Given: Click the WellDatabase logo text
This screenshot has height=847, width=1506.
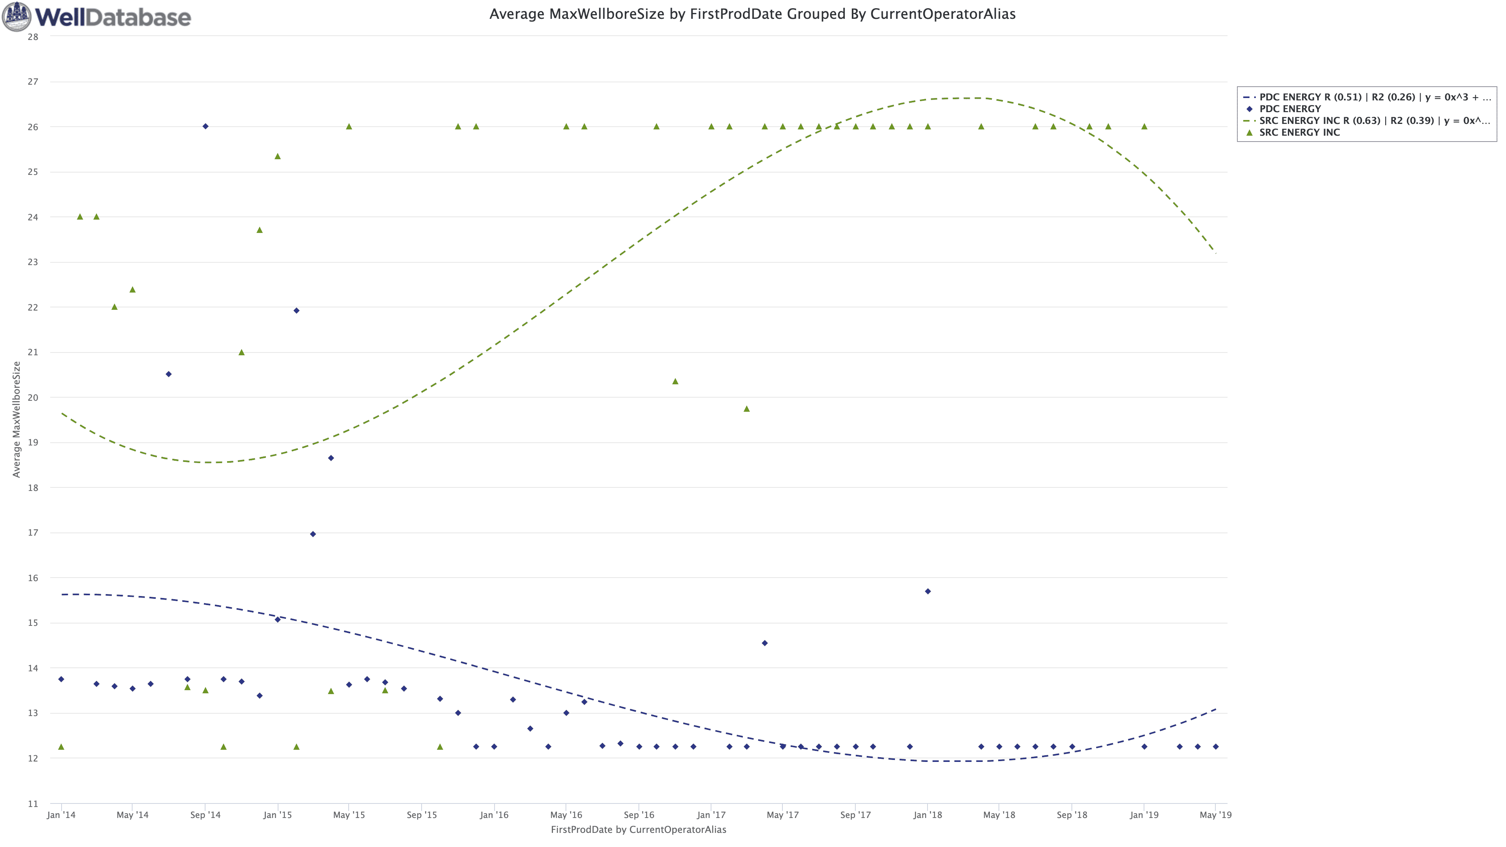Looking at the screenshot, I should click(113, 17).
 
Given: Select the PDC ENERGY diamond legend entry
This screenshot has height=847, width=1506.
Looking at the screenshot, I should click(1290, 109).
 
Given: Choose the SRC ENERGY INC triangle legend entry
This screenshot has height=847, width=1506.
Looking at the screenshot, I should click(1299, 132).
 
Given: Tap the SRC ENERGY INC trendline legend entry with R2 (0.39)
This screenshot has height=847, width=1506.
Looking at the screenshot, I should click(1374, 120).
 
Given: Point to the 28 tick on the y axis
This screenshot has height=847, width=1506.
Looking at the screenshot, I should click(33, 37).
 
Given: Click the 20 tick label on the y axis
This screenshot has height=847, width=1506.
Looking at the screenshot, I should click(33, 398).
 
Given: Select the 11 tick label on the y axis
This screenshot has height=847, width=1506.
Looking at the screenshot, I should click(33, 804).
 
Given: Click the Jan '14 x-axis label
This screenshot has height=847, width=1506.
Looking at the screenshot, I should click(62, 815).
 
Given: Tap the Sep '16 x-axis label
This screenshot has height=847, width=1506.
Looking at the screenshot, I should click(639, 815).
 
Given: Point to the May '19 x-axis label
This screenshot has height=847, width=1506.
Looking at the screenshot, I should click(1215, 815).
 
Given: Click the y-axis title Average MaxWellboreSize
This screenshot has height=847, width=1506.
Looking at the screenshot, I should click(16, 419).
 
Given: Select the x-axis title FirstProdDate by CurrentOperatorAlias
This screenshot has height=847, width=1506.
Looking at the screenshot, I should click(638, 829).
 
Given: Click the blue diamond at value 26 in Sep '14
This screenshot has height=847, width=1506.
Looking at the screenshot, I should click(205, 126).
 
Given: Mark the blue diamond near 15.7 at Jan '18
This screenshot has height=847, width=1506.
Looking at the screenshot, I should click(928, 592).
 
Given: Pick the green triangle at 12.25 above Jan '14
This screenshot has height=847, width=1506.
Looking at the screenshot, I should click(62, 747).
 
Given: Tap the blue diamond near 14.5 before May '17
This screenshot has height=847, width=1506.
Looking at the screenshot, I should click(765, 643).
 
